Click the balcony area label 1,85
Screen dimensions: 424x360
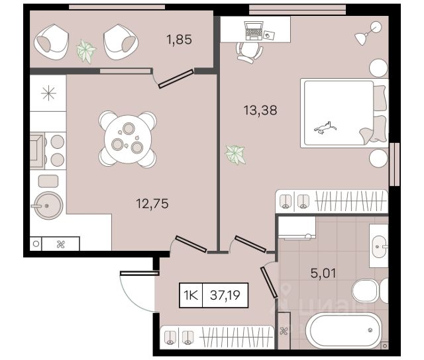[x=180, y=40]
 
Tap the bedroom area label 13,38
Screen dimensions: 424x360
[x=260, y=111]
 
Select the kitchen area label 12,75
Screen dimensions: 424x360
[x=152, y=203]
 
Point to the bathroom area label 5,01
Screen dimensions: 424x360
[x=323, y=273]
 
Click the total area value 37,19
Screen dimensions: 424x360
[x=225, y=295]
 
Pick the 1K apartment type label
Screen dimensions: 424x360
[x=191, y=295]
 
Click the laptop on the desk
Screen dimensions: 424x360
[x=253, y=31]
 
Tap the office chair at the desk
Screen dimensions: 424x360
[x=249, y=52]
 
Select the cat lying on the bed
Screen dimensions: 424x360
[x=325, y=128]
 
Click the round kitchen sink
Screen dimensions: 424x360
[x=48, y=206]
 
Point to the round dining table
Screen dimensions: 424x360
[x=128, y=139]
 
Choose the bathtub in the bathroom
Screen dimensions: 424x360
[x=343, y=331]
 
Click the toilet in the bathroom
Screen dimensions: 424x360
[x=370, y=291]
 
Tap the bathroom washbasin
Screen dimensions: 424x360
[x=380, y=247]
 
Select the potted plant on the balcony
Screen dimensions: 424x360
[x=86, y=51]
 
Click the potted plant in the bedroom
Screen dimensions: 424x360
[x=235, y=154]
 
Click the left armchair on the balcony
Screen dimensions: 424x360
[x=52, y=42]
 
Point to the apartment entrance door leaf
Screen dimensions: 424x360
[x=139, y=273]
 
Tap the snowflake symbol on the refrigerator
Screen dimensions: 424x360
[x=48, y=93]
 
